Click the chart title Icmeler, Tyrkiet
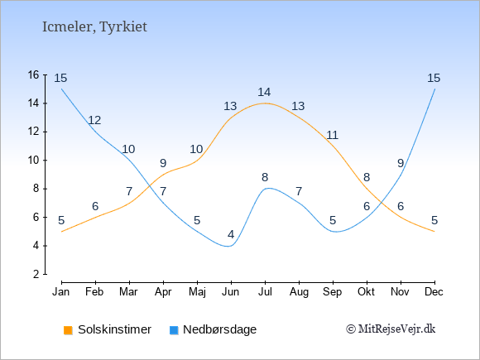[94, 27]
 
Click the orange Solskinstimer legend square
[68, 330]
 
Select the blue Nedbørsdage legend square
[174, 330]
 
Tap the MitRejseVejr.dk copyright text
[391, 329]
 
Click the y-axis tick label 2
[36, 274]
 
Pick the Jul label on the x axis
[265, 292]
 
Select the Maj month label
[197, 292]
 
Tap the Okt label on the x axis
[367, 292]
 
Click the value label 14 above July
[264, 92]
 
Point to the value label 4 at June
[231, 234]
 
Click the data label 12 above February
[94, 120]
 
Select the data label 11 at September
[332, 135]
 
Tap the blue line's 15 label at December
[434, 78]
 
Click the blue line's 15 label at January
[60, 78]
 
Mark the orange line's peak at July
[265, 103]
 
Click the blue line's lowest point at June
[229, 246]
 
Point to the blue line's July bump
[268, 188]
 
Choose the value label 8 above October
[367, 177]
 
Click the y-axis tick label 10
[34, 160]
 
